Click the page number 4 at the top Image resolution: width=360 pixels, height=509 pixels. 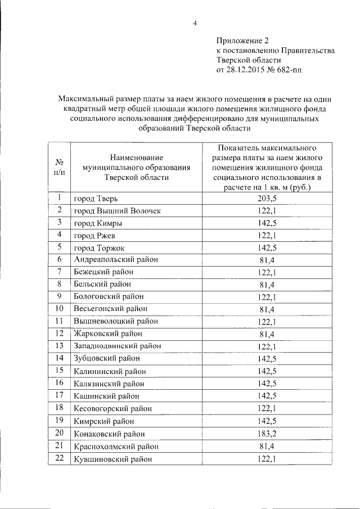click(195, 23)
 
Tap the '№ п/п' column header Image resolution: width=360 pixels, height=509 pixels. click(59, 166)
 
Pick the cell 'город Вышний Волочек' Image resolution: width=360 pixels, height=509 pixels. click(118, 211)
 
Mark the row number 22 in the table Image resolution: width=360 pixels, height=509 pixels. click(59, 458)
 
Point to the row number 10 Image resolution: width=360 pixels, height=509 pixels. click(59, 309)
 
